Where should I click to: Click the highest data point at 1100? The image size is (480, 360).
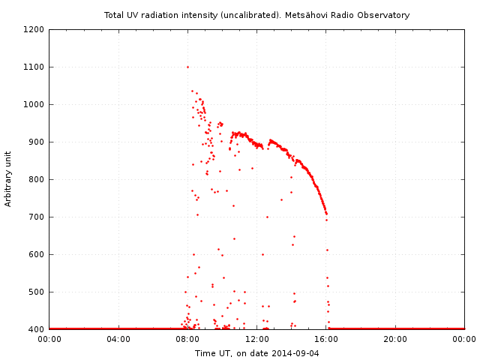point(187,67)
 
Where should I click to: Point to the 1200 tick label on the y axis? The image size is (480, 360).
point(34,29)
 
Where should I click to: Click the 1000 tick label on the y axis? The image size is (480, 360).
point(34,104)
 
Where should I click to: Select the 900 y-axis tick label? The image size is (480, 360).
point(36,142)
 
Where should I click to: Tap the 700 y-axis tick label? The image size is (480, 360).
point(36,217)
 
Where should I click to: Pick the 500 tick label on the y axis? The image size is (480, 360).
point(36,292)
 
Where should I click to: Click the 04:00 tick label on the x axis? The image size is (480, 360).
point(118,339)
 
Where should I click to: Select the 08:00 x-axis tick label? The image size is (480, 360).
point(187,339)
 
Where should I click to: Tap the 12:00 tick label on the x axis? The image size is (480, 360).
point(257,339)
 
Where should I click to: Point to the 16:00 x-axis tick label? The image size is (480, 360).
point(326,339)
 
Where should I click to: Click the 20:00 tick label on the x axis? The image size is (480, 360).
point(395,339)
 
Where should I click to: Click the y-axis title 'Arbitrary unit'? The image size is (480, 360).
point(9,178)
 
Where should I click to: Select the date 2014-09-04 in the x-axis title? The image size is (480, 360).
point(295,352)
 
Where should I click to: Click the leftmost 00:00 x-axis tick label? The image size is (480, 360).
point(49,339)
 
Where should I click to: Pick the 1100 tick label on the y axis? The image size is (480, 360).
point(34,67)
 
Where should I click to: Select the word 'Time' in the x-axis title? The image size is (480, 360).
point(205,352)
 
